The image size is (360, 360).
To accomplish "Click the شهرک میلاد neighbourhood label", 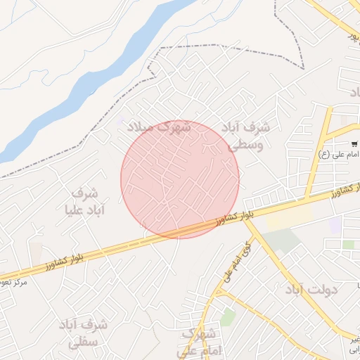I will tap(160, 127).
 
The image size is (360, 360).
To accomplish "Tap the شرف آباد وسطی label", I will tap(245, 136).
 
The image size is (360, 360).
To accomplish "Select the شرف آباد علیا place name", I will tap(84, 201).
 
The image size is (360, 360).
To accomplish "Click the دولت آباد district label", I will tap(311, 289).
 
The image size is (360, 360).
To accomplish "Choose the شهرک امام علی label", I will tap(198, 341).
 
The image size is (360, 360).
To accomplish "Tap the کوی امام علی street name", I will tap(237, 263).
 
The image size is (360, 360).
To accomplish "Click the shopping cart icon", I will tap(354, 144).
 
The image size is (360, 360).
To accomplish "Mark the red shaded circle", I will tap(180, 179).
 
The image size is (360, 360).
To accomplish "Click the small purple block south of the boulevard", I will tap(335, 225).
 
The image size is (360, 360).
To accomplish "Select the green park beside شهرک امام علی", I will tap(227, 317).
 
